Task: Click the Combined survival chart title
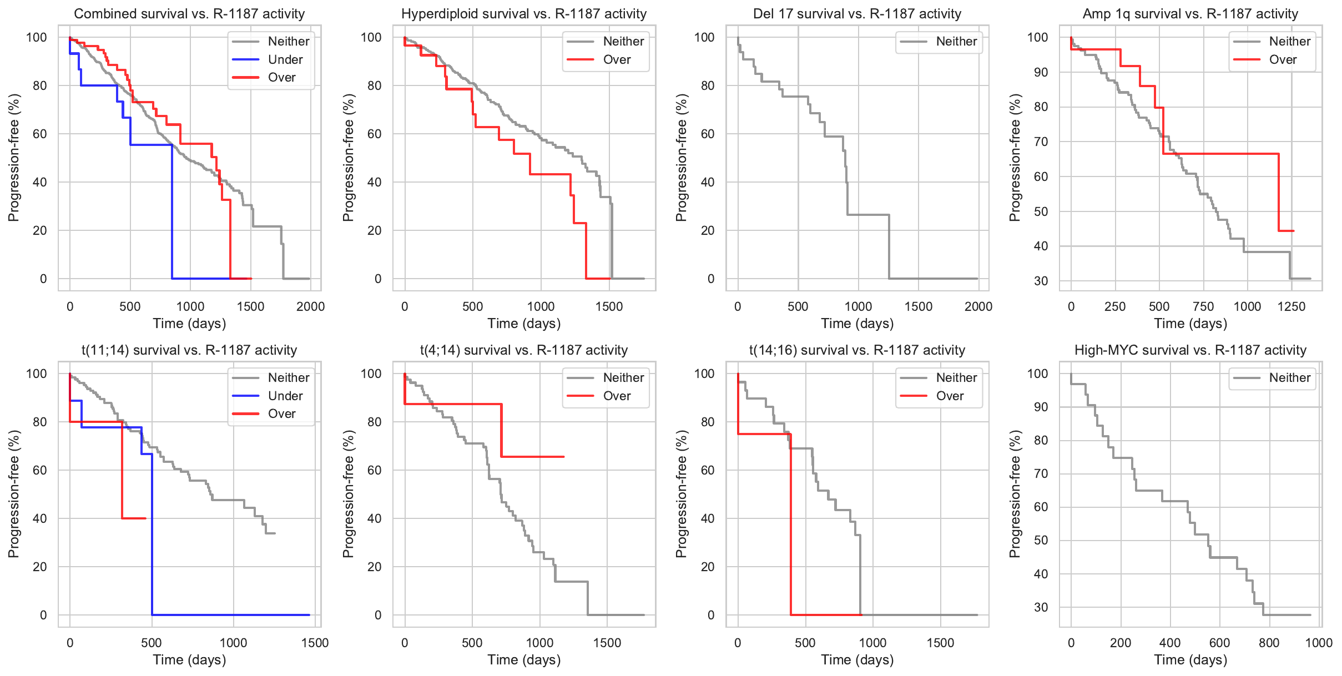coord(189,14)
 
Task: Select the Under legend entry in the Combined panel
coord(285,59)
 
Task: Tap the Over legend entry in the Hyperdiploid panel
coord(617,59)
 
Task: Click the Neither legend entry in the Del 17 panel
coord(956,41)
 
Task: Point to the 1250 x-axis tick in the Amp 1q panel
coord(1291,306)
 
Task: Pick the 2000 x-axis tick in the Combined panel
coord(310,306)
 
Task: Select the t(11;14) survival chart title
coord(189,350)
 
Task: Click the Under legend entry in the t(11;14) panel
coord(285,396)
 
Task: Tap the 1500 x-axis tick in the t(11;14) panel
coord(315,643)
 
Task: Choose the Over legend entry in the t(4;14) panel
coord(617,396)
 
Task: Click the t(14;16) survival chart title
coord(857,350)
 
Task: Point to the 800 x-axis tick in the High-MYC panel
coord(1269,643)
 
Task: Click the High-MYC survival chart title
coord(1190,350)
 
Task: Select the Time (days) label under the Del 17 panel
coord(857,324)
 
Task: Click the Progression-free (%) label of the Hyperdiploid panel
coord(348,158)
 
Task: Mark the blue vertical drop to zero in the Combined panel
coord(172,211)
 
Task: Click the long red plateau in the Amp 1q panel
coord(1221,154)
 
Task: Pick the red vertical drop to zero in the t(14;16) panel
coord(790,527)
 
